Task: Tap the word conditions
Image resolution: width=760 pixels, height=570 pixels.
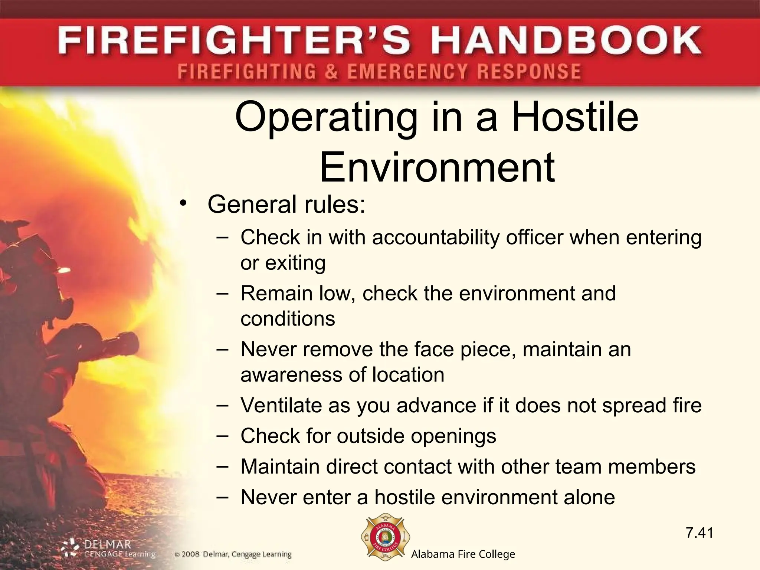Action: click(x=288, y=319)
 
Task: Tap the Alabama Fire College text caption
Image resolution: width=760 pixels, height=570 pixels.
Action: click(x=463, y=554)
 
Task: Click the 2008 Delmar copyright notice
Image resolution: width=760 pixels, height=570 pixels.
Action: click(x=233, y=555)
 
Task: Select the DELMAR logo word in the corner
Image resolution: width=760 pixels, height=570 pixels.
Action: click(x=108, y=545)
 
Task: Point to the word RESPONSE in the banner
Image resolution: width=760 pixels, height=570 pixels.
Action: click(x=529, y=71)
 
